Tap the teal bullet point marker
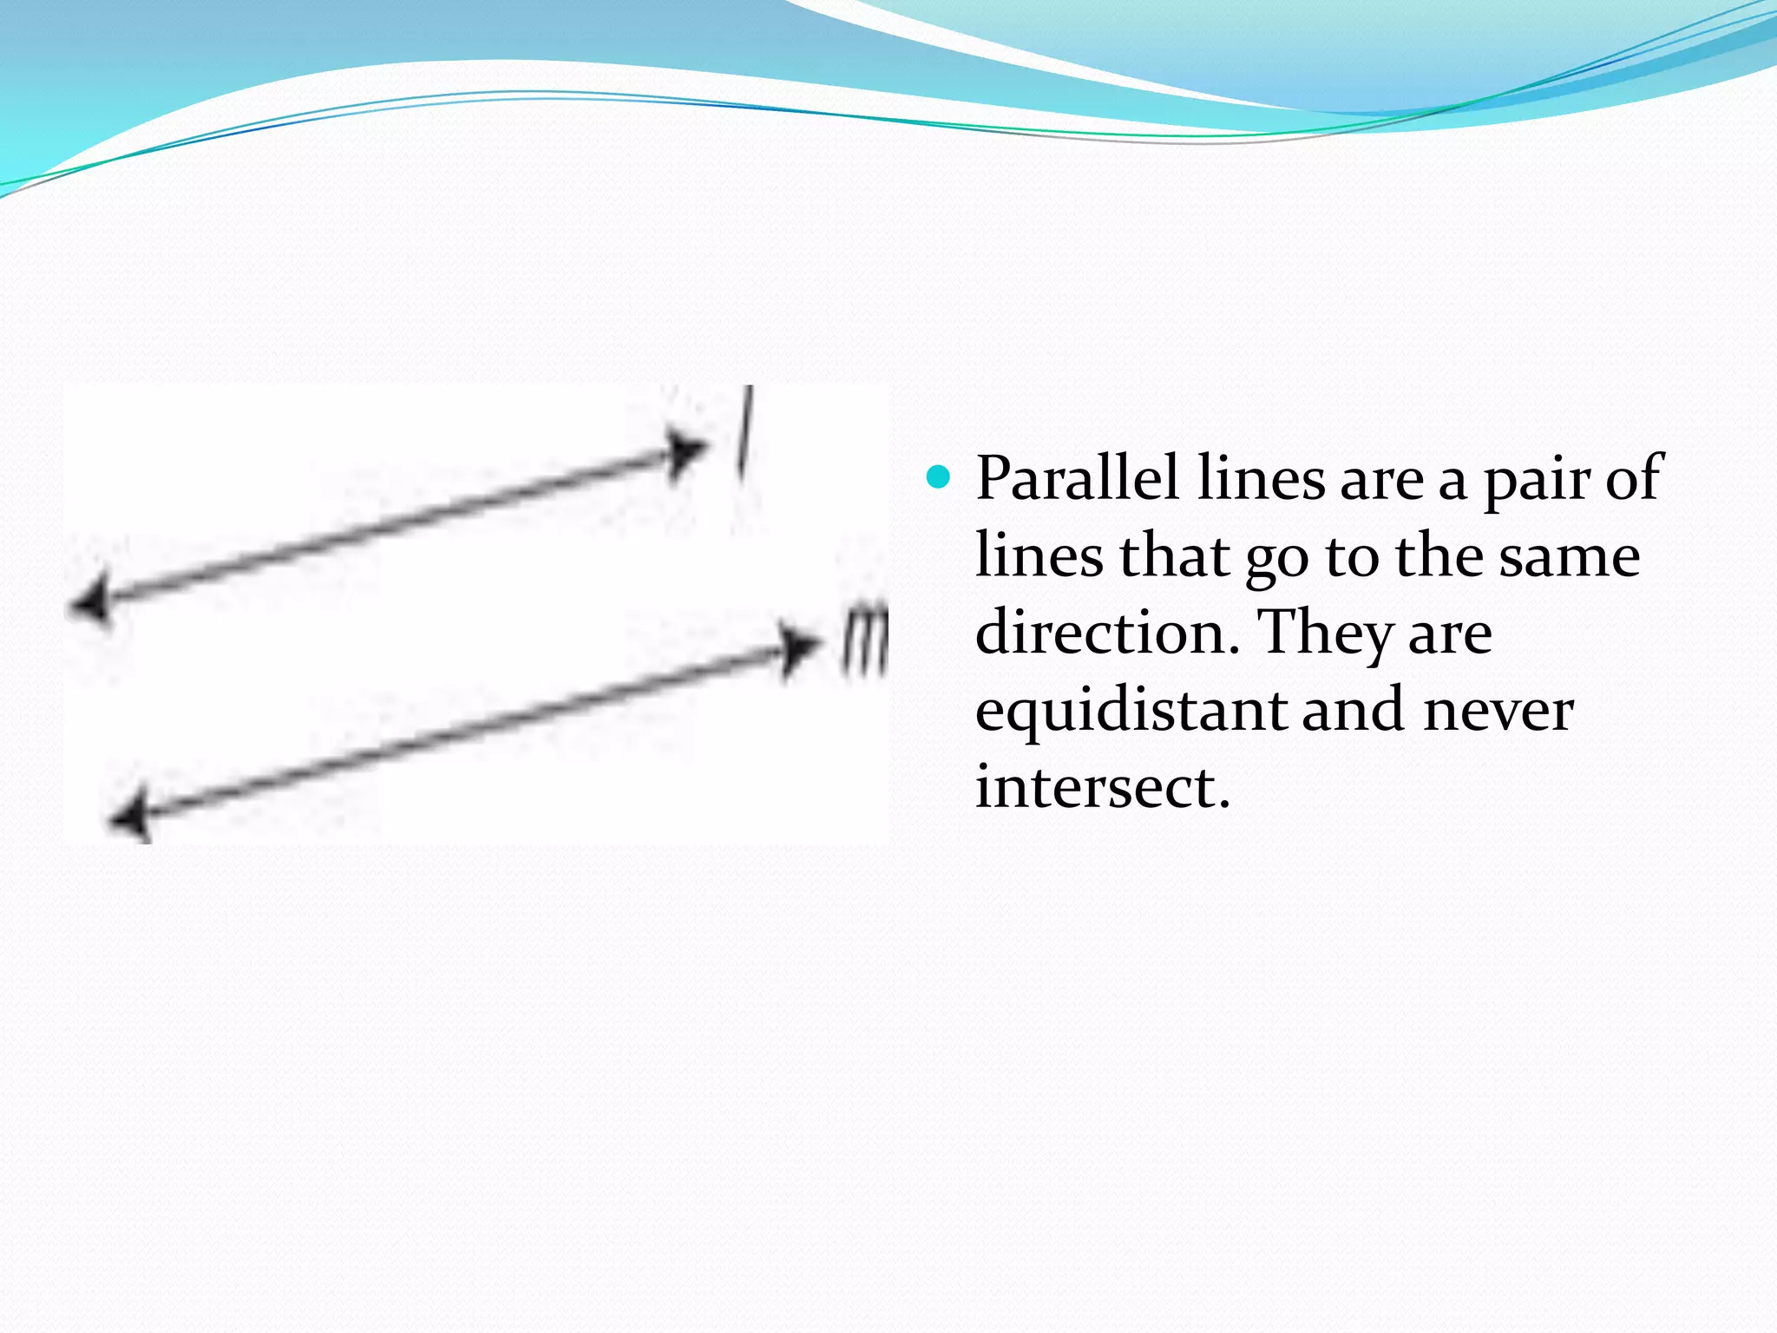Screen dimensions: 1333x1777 938,476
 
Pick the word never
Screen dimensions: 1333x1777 1498,711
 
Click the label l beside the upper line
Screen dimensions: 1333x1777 744,431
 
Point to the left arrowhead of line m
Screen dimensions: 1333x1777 129,818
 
